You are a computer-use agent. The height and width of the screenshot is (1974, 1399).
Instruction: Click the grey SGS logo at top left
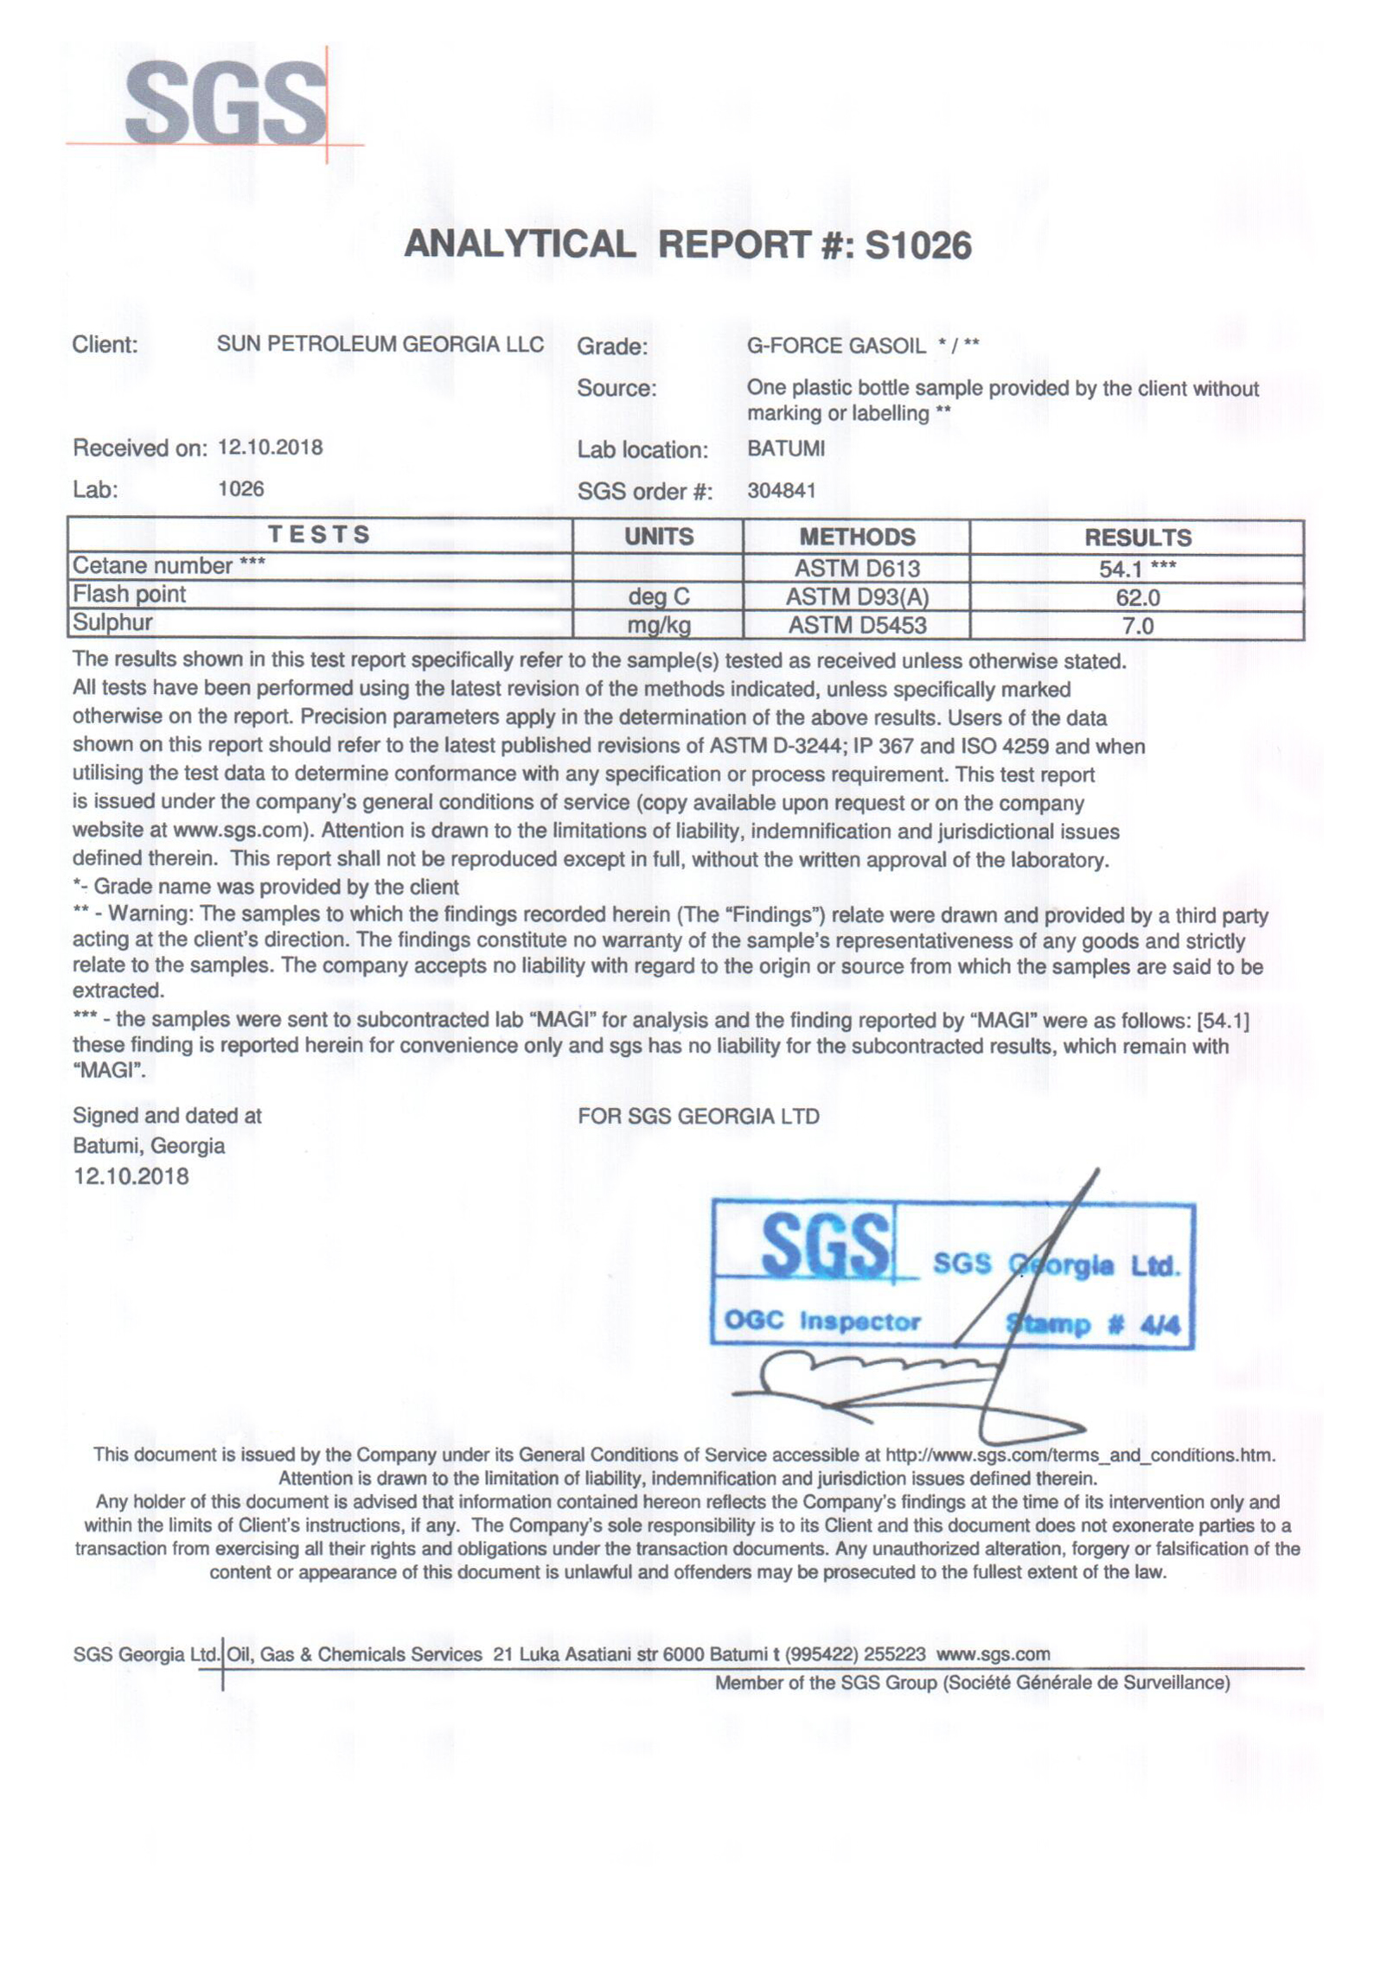(x=226, y=104)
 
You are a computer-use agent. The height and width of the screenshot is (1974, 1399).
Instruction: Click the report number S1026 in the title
(x=917, y=245)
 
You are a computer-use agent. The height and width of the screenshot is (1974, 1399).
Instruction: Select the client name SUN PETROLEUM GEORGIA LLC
(x=380, y=344)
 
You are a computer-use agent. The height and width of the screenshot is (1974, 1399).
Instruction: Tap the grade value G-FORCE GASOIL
(x=835, y=346)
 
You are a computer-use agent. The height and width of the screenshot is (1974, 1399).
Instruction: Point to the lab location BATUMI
(x=785, y=449)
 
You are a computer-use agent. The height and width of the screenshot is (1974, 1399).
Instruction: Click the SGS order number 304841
(x=781, y=490)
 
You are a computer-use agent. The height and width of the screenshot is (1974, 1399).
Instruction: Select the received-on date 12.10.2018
(x=270, y=447)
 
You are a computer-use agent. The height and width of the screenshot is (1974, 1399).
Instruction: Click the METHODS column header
(x=856, y=537)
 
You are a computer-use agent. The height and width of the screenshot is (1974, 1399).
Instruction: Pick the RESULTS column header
(x=1137, y=538)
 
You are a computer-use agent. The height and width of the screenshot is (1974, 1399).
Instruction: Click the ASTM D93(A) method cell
(x=856, y=597)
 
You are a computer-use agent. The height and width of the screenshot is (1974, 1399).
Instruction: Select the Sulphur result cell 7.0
(x=1137, y=626)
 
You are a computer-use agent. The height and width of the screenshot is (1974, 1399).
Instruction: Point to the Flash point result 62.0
(x=1137, y=597)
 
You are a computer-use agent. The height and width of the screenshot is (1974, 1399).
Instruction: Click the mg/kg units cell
(x=658, y=626)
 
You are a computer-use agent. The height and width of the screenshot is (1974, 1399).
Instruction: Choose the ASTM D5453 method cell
(x=856, y=626)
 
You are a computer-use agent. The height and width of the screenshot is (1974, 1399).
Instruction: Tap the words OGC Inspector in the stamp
(x=821, y=1321)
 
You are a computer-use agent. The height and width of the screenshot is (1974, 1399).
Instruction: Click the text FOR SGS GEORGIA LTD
(x=698, y=1116)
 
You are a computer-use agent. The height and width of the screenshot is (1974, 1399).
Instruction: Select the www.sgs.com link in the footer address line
(x=993, y=1654)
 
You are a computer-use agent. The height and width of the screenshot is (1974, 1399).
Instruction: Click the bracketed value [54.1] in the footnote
(x=1223, y=1021)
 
